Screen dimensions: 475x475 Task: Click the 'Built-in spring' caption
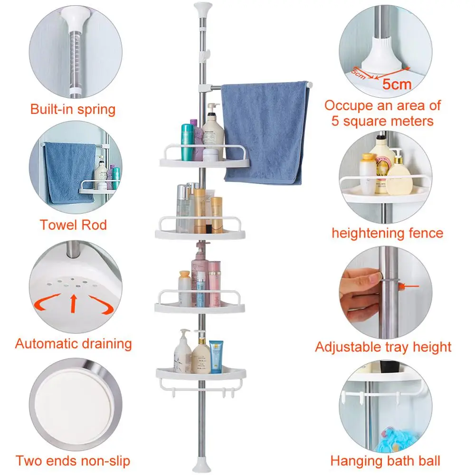[73, 109]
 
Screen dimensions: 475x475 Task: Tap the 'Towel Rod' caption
[73, 224]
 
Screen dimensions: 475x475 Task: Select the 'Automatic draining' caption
[73, 343]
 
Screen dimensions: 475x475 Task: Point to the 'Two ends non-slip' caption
[73, 460]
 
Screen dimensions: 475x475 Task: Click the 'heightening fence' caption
[387, 233]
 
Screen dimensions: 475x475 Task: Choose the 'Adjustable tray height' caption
[383, 347]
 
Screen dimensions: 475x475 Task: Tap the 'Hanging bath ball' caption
[385, 460]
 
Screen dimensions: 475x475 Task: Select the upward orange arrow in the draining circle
[73, 304]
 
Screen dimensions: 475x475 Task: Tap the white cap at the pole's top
[202, 8]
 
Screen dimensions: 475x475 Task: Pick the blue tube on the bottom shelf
[216, 356]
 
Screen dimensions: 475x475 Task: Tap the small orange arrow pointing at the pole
[408, 286]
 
